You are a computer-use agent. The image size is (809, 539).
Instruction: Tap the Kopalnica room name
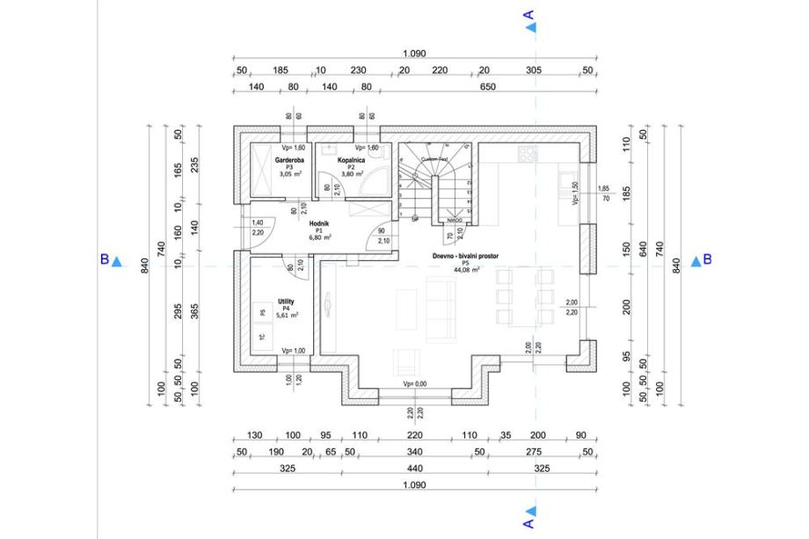(x=350, y=161)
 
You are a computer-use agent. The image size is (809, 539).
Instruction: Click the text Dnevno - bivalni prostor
(x=464, y=256)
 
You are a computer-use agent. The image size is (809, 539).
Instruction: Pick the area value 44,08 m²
(x=464, y=270)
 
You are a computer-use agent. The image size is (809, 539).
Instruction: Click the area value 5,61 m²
(x=288, y=315)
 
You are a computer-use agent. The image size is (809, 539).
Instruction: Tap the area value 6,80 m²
(x=318, y=237)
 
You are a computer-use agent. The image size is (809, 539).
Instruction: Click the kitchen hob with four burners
(x=528, y=154)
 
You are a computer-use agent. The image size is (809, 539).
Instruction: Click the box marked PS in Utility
(x=262, y=312)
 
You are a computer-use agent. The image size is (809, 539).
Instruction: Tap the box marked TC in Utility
(x=262, y=337)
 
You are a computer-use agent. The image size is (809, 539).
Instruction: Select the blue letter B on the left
(x=104, y=260)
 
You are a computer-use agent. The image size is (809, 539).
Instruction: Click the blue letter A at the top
(x=528, y=15)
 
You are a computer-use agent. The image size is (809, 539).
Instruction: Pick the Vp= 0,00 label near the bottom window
(x=415, y=384)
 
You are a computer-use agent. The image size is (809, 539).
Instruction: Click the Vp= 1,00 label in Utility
(x=294, y=351)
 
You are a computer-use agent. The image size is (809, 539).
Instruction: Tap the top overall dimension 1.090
(x=415, y=54)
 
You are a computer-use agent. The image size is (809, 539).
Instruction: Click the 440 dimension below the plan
(x=415, y=469)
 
